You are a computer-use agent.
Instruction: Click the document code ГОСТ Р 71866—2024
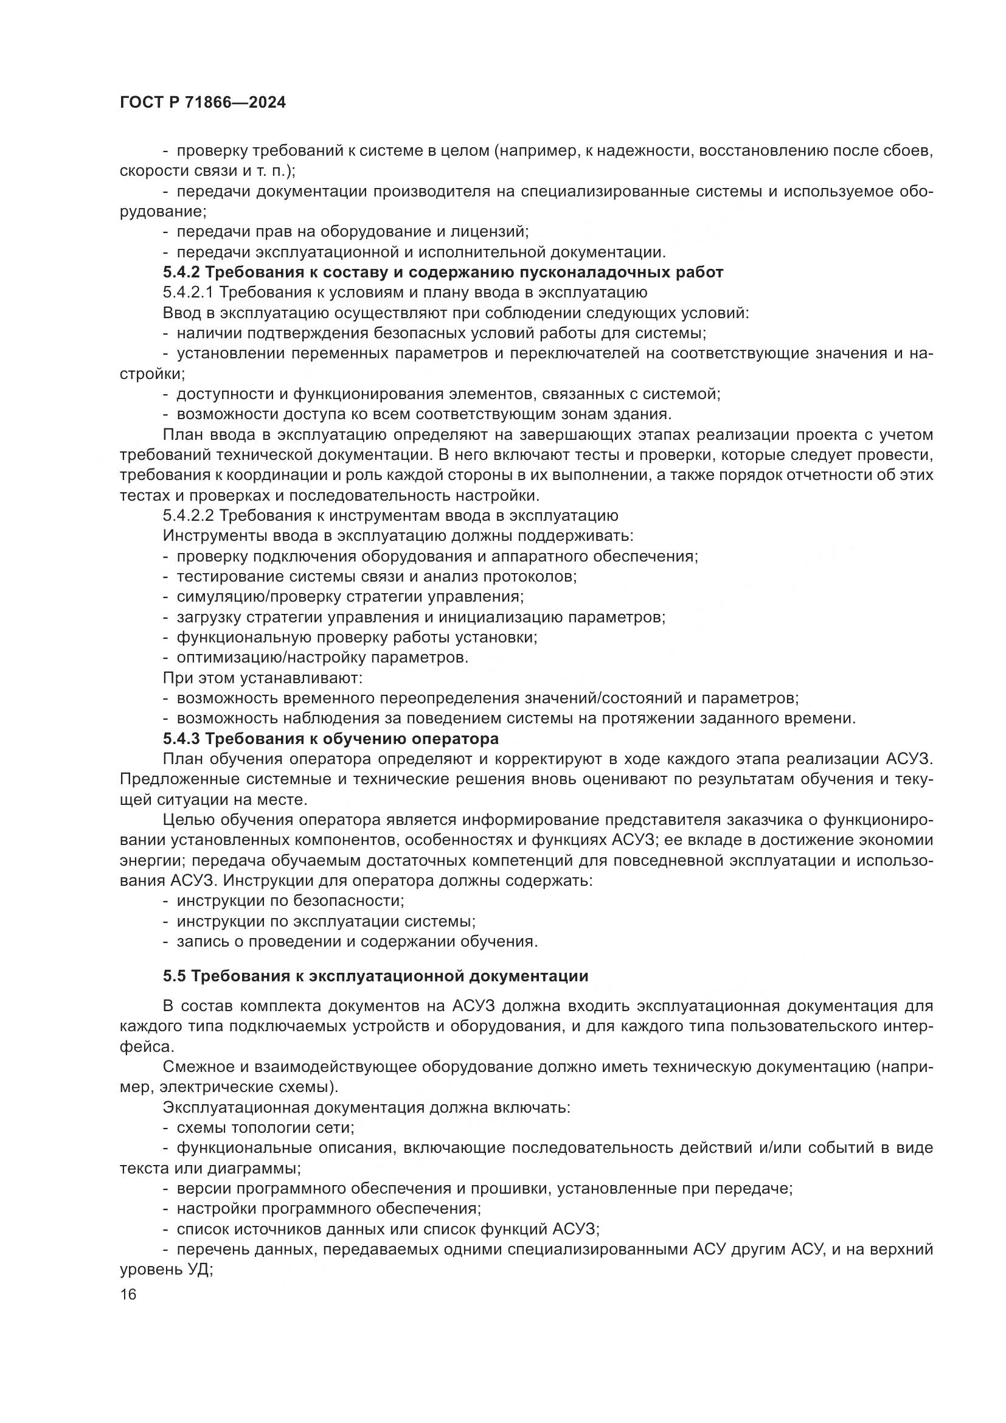pos(203,103)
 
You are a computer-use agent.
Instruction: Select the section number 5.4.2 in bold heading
pos(181,272)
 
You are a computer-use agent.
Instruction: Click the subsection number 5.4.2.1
pos(188,293)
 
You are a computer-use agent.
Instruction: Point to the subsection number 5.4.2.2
pos(189,516)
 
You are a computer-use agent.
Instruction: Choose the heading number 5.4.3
pos(181,739)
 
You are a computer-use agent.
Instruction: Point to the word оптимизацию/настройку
pos(264,658)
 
